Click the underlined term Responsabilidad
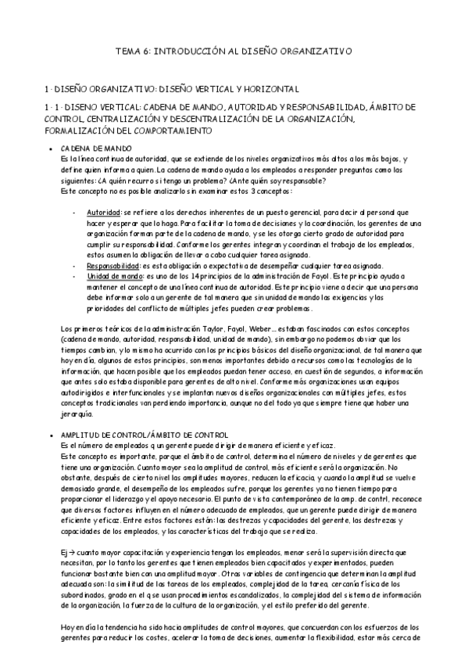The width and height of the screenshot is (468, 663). click(113, 267)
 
